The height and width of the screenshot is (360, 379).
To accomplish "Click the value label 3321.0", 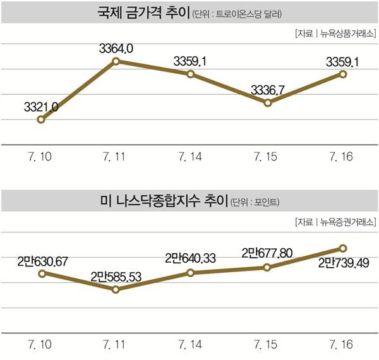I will [x=41, y=107].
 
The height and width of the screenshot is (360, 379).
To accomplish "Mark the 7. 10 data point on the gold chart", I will [x=41, y=119].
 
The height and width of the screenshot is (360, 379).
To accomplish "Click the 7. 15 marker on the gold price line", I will [x=268, y=102].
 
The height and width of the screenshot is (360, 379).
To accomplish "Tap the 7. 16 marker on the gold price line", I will [x=343, y=74].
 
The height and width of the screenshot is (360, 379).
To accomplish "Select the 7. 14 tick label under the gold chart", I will [x=192, y=155].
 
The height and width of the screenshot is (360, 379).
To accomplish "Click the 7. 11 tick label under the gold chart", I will [x=116, y=155].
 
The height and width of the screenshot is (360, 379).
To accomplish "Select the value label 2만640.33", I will [x=192, y=258].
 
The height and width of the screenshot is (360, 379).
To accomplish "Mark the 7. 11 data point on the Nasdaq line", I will [x=116, y=289].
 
